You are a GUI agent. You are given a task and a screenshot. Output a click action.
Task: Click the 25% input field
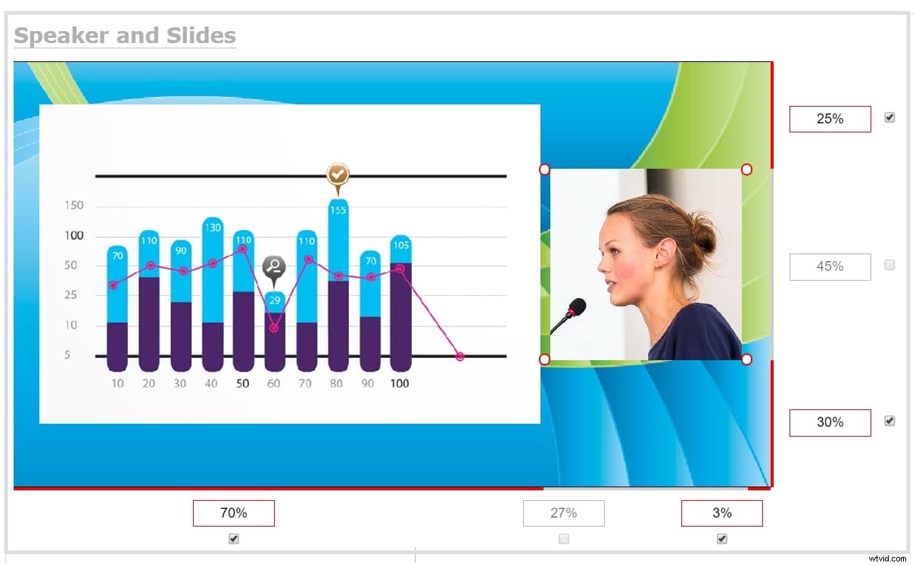tap(830, 119)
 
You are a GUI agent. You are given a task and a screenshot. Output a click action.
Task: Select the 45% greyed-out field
tap(830, 266)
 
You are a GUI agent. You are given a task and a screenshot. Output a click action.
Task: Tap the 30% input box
tap(830, 422)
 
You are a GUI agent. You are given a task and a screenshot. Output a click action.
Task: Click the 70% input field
tap(233, 513)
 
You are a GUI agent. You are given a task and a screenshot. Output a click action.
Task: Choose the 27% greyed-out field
tap(563, 513)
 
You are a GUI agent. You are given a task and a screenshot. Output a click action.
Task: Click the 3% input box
tap(721, 513)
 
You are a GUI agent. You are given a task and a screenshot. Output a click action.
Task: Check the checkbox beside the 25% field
tap(889, 117)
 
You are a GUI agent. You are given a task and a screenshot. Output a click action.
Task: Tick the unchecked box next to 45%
tap(889, 265)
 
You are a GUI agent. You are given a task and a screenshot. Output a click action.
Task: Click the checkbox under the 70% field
tap(234, 539)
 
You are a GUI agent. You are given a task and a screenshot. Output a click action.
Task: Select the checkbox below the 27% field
tap(563, 539)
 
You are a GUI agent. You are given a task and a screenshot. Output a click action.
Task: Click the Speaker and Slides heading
tap(125, 36)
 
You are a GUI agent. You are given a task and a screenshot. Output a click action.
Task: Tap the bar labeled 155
tap(338, 288)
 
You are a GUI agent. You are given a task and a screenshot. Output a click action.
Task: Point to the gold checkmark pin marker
tap(338, 175)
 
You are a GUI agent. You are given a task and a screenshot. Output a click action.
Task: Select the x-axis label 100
tap(399, 384)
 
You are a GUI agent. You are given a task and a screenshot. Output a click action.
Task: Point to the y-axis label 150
tap(74, 206)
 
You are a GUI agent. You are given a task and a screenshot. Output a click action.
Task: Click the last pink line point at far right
tap(460, 356)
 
